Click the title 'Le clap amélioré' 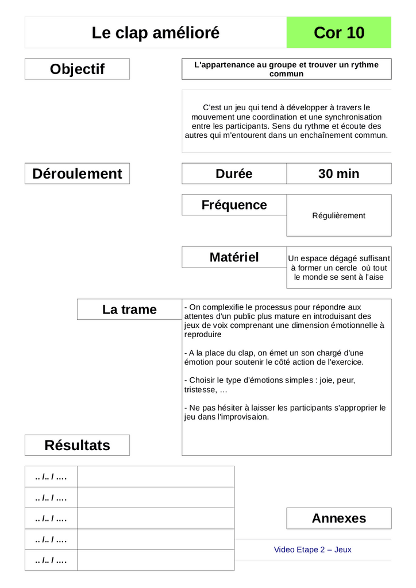click(x=156, y=33)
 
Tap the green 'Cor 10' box click(x=339, y=33)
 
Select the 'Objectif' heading click(x=77, y=69)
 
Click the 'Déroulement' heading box click(x=77, y=173)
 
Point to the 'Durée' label click(x=234, y=173)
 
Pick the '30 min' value click(x=338, y=173)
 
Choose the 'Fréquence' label click(x=234, y=205)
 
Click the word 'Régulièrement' click(x=338, y=216)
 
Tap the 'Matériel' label click(x=234, y=257)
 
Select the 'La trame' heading click(x=129, y=310)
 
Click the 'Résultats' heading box click(x=77, y=445)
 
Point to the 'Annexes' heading click(x=338, y=518)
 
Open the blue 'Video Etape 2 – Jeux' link click(x=313, y=550)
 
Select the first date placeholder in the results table click(x=51, y=477)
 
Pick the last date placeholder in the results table click(x=51, y=560)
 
